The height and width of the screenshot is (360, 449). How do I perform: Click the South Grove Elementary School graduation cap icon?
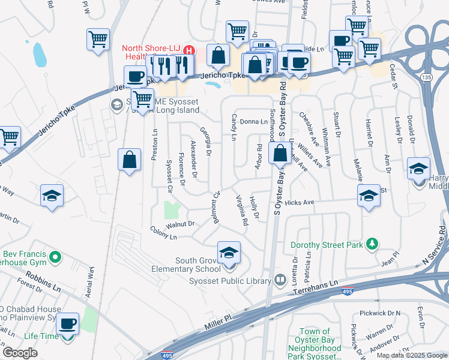click(229, 253)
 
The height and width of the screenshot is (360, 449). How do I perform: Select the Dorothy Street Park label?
click(327, 245)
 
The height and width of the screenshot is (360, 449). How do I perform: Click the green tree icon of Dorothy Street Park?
click(373, 243)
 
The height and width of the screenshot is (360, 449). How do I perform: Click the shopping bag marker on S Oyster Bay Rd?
click(280, 154)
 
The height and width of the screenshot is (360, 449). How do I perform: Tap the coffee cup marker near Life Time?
click(67, 324)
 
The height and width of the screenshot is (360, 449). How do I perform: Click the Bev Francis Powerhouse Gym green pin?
click(55, 258)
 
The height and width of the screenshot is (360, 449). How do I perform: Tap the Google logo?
click(20, 353)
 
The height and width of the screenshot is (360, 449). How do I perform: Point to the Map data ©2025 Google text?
click(411, 355)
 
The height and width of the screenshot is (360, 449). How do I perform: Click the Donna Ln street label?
click(253, 122)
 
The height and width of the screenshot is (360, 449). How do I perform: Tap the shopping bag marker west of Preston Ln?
click(129, 160)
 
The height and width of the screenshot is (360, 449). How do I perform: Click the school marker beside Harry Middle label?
click(418, 169)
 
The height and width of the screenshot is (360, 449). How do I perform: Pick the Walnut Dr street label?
click(181, 224)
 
